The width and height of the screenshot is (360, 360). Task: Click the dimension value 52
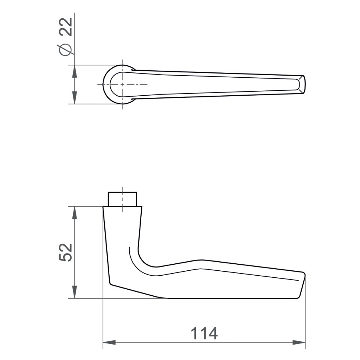point(66,252)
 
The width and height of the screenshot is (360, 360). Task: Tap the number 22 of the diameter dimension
point(66,27)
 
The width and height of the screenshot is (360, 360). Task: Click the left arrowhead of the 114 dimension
point(109,342)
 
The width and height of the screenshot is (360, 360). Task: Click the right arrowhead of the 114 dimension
point(299,342)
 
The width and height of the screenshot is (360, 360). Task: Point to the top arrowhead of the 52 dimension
point(75,213)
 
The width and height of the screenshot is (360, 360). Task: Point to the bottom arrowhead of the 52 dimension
point(75,292)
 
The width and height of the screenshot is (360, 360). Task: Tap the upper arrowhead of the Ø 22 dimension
point(75,71)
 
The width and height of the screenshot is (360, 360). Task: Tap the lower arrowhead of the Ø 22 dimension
point(75,98)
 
